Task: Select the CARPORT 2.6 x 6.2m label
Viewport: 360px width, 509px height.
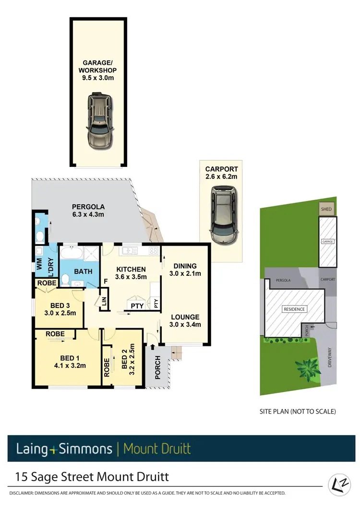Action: click(x=221, y=173)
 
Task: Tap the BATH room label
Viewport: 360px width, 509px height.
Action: click(x=83, y=272)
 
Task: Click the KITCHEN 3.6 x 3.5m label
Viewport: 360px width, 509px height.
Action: click(x=131, y=272)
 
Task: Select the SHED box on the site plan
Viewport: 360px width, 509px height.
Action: click(x=326, y=209)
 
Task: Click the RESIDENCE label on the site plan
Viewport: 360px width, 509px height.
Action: click(x=294, y=309)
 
